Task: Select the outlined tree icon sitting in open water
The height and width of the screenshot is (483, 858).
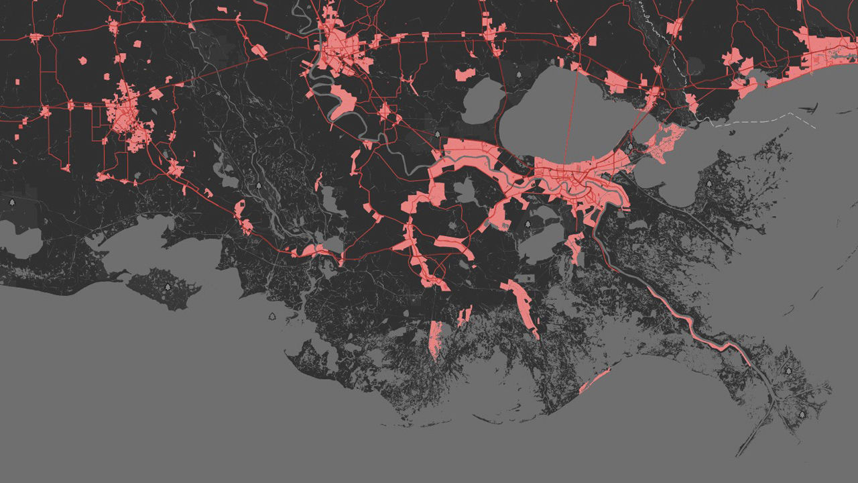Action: (272, 316)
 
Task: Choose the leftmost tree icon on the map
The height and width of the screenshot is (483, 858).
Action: (11, 201)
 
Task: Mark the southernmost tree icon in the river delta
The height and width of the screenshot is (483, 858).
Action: (802, 415)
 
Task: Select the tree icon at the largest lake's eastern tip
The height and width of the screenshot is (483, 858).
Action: (629, 146)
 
